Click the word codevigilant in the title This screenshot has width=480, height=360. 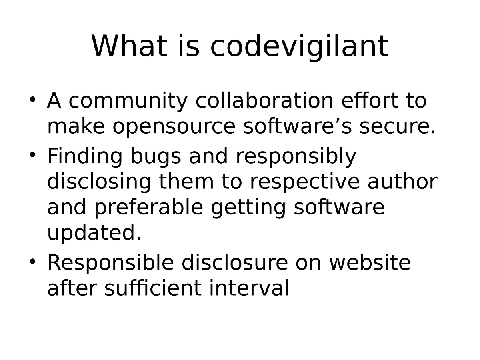tap(299, 46)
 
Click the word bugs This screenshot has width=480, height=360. tap(156, 157)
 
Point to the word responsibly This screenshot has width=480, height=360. tap(296, 157)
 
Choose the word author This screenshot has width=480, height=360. tap(402, 182)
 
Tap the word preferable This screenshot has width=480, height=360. tap(148, 208)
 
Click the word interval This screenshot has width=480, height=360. tap(249, 288)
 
